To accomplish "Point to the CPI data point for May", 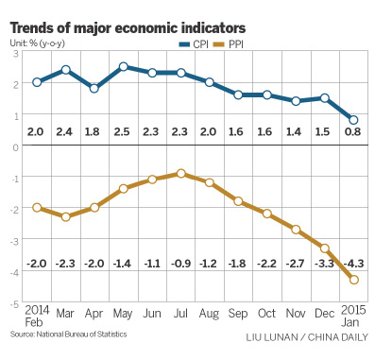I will pyautogui.click(x=124, y=67).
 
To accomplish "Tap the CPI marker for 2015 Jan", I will pyautogui.click(x=353, y=120).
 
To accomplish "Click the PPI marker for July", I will pyautogui.click(x=180, y=174).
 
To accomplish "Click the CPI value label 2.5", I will pyautogui.click(x=124, y=131).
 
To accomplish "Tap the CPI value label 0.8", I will pyautogui.click(x=353, y=131).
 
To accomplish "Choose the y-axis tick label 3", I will pyautogui.click(x=16, y=52).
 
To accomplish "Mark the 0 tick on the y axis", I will pyautogui.click(x=16, y=147).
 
